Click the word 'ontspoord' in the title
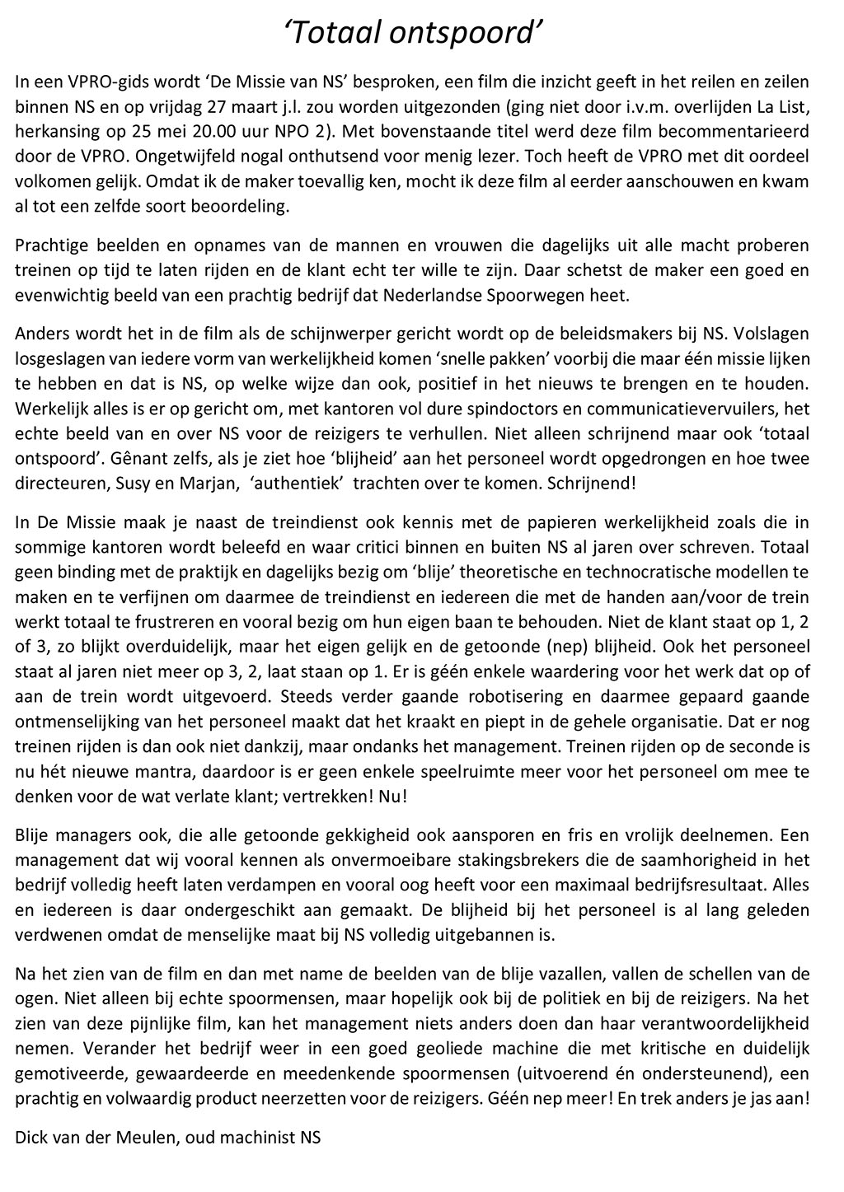[x=471, y=32]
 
